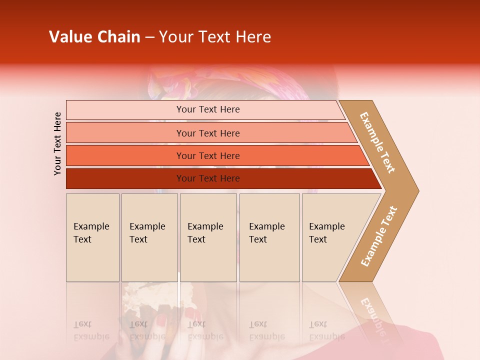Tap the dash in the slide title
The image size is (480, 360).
pyautogui.click(x=149, y=37)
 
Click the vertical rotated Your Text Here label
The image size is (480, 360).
pyautogui.click(x=57, y=143)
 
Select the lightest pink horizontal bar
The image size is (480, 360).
pyautogui.click(x=205, y=109)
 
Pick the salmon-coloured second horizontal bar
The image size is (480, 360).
pyautogui.click(x=210, y=133)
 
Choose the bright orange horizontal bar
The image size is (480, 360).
pyautogui.click(x=215, y=155)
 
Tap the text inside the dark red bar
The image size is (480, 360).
pyautogui.click(x=208, y=178)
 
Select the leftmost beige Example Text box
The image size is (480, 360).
pyautogui.click(x=92, y=237)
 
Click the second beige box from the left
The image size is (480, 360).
pyautogui.click(x=149, y=237)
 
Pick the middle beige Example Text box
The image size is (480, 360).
pyautogui.click(x=208, y=237)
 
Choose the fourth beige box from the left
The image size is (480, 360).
pyautogui.click(x=269, y=237)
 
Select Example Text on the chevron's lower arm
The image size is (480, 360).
pyautogui.click(x=379, y=236)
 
